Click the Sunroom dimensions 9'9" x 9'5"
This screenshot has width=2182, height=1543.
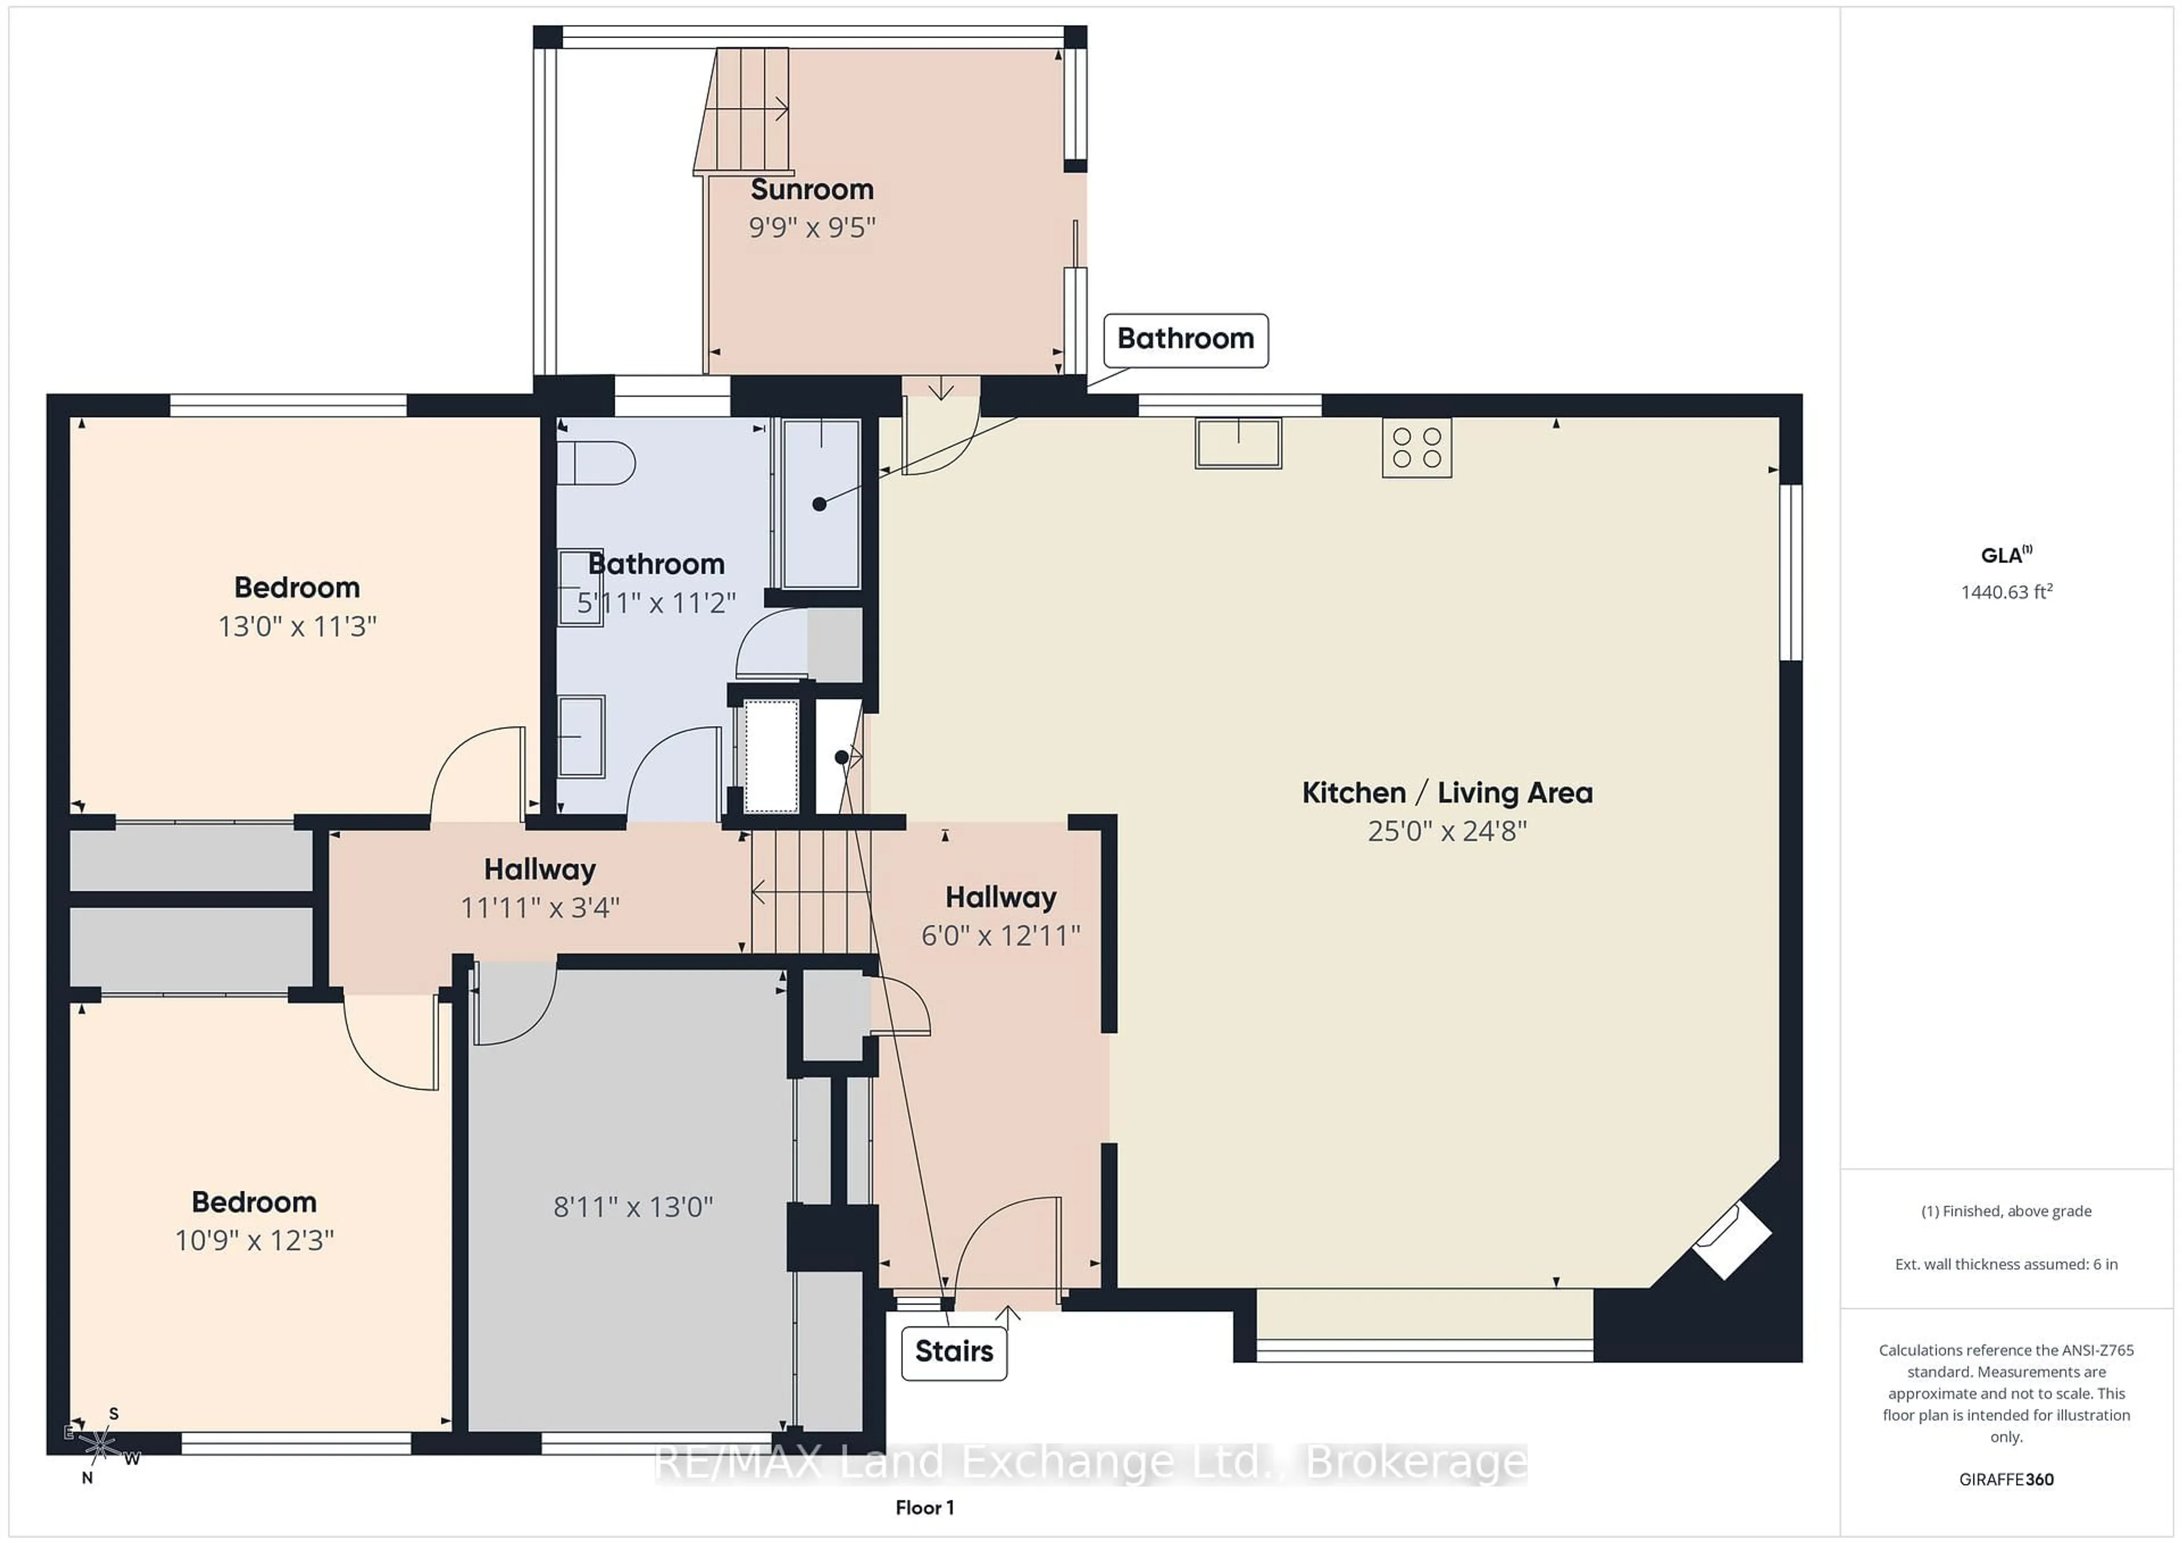pyautogui.click(x=811, y=228)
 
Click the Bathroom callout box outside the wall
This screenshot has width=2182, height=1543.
pyautogui.click(x=1185, y=339)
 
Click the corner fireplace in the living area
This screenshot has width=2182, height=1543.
pyautogui.click(x=1733, y=1239)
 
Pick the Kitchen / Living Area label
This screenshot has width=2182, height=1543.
pyautogui.click(x=1447, y=793)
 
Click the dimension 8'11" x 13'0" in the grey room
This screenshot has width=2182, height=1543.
pyautogui.click(x=633, y=1207)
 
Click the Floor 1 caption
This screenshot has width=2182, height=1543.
pyautogui.click(x=924, y=1508)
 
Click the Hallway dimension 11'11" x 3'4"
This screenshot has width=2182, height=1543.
pyautogui.click(x=540, y=907)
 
